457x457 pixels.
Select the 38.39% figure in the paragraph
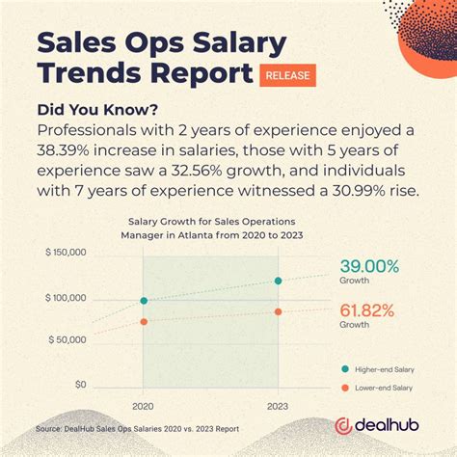click(x=71, y=149)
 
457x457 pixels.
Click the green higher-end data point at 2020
click(x=144, y=301)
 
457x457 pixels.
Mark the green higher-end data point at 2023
click(x=278, y=281)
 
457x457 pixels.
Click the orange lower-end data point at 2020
click(x=144, y=322)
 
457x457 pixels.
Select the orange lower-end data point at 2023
click(x=278, y=311)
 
